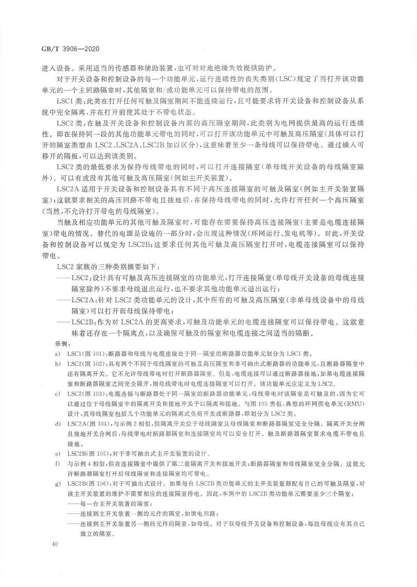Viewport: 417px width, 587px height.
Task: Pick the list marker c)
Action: pyautogui.click(x=57, y=394)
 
